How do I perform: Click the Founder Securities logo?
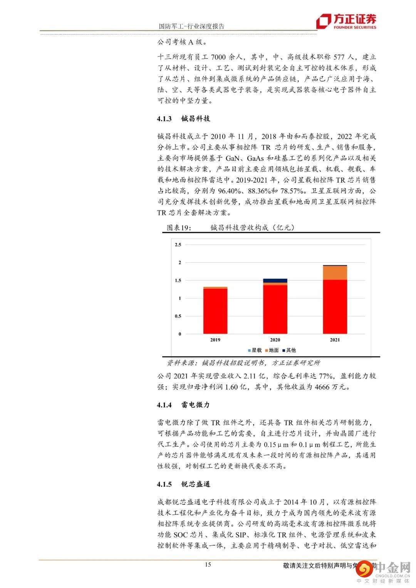346,22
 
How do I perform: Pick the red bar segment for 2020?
275,309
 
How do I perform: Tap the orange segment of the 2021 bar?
335,273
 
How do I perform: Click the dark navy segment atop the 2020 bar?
275,280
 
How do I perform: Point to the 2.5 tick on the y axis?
178,245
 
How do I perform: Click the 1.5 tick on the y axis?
178,280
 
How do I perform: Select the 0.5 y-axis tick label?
178,316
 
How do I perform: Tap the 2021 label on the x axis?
335,340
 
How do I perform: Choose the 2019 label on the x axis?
215,340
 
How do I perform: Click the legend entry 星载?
255,350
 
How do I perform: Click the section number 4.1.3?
164,119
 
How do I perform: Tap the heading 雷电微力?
196,405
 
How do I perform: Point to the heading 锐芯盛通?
196,484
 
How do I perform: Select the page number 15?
208,565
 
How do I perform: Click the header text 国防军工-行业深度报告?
191,26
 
